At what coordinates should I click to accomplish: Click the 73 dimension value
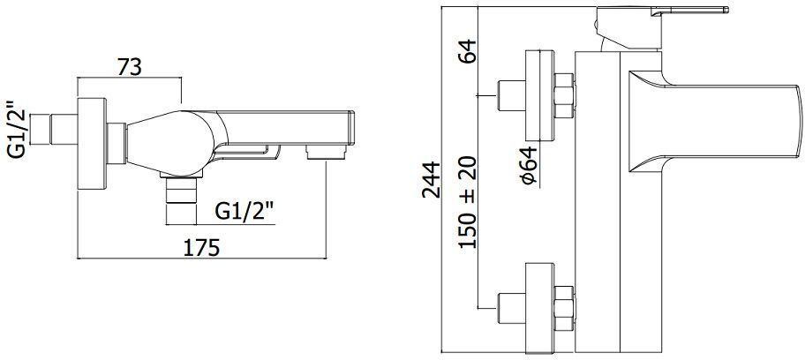(131, 65)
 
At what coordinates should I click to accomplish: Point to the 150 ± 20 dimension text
(469, 203)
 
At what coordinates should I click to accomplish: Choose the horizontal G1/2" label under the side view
(245, 212)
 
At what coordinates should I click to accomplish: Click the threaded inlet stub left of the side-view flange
(63, 129)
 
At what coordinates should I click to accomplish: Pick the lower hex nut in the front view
(562, 304)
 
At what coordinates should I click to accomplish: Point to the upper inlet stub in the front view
(510, 94)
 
